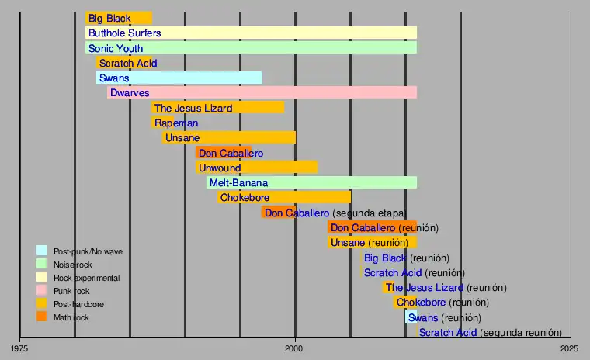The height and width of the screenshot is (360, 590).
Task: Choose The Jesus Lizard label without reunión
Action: click(193, 108)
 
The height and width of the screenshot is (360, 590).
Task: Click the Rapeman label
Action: click(176, 123)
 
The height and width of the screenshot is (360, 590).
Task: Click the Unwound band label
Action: click(220, 168)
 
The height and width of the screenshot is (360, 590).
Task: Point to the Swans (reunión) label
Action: click(444, 318)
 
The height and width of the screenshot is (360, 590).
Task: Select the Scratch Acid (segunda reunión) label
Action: click(490, 333)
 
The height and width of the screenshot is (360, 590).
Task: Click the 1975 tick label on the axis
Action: click(19, 348)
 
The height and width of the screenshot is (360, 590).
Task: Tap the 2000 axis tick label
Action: click(295, 348)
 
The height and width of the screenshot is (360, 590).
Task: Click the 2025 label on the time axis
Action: click(570, 348)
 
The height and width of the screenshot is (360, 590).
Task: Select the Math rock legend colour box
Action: click(41, 317)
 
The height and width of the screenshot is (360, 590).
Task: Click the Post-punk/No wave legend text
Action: click(88, 251)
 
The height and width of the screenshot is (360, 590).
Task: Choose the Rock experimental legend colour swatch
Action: click(41, 277)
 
